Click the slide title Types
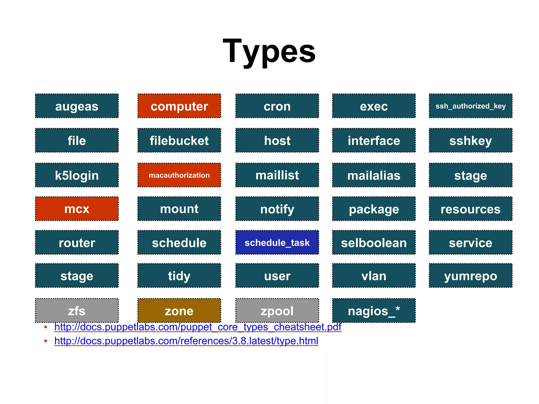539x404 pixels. click(269, 51)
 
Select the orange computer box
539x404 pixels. click(179, 106)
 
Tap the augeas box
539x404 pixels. click(77, 106)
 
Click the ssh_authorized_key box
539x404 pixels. click(471, 106)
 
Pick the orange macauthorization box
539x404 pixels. click(179, 175)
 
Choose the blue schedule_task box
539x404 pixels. click(277, 243)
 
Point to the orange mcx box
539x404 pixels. click(77, 209)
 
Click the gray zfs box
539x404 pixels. click(77, 311)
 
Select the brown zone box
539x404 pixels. click(179, 311)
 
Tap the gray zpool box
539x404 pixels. click(277, 311)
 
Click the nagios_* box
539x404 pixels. click(374, 311)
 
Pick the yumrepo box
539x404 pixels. click(471, 276)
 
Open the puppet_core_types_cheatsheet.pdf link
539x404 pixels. click(198, 327)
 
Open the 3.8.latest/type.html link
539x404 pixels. click(186, 341)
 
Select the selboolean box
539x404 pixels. click(374, 243)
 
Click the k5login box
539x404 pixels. click(77, 175)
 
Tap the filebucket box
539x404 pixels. click(179, 140)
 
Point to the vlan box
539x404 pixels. click(374, 276)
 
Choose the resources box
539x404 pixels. click(471, 209)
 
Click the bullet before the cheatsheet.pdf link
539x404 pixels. click(46, 327)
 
